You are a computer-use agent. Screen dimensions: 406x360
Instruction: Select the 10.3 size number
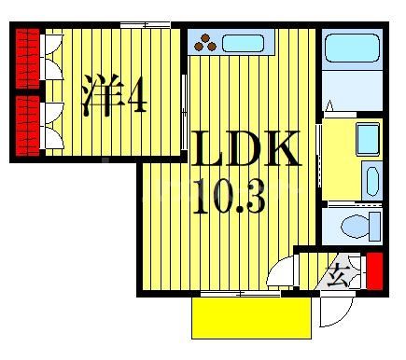[229, 196]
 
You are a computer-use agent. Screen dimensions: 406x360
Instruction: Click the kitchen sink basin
[245, 42]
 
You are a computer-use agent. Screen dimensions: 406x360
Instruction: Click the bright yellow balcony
[251, 318]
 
